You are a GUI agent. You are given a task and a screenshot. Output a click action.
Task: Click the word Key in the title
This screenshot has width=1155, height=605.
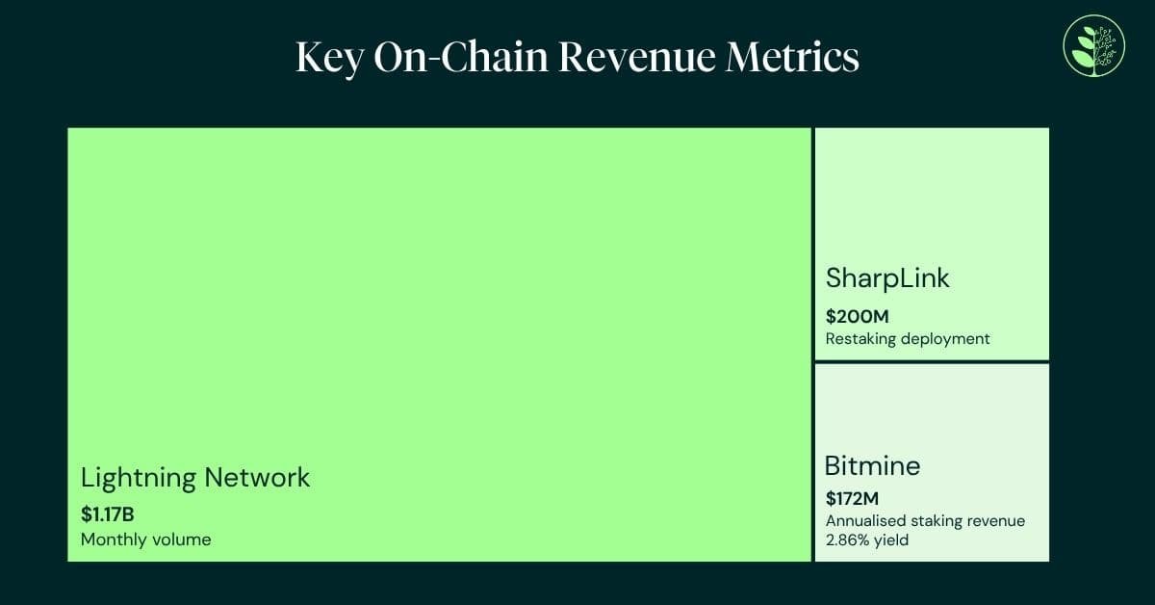coord(327,59)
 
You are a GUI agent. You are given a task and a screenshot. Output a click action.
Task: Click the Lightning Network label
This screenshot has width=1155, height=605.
coord(195,478)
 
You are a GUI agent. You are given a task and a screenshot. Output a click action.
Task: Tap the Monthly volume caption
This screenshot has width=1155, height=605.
coord(145,539)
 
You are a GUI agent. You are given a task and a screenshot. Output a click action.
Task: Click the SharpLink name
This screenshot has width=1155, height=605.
coord(887,278)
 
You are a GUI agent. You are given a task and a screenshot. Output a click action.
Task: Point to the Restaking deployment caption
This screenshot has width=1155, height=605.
coord(908,339)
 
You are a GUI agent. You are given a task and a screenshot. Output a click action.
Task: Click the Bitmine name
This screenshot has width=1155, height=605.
coord(872,466)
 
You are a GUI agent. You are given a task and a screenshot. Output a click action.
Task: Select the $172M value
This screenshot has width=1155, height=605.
coord(853,499)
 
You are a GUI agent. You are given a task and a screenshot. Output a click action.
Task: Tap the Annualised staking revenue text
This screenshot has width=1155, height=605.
coord(925,521)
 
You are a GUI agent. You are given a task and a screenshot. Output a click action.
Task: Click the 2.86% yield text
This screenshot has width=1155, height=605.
coord(866,540)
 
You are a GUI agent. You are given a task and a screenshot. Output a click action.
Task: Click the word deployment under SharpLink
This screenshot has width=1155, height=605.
coord(942,339)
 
